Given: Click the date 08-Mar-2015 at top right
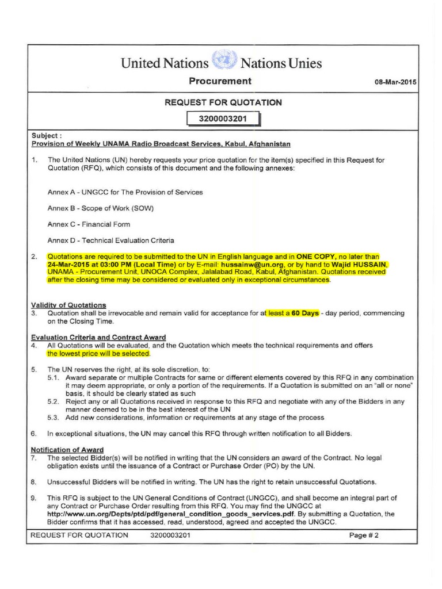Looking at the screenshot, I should click(395, 82).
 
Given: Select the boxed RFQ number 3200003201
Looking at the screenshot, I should click(222, 120).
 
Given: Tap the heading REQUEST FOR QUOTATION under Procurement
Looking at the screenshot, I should click(223, 102).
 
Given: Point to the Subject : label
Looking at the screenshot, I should click(46, 136).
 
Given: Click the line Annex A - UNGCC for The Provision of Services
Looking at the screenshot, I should click(125, 192).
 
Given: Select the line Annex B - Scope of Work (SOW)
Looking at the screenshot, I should click(101, 208).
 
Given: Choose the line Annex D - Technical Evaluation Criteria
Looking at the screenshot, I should click(110, 240).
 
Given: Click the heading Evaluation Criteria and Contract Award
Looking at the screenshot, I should click(98, 337).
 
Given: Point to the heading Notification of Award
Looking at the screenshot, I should click(67, 449).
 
